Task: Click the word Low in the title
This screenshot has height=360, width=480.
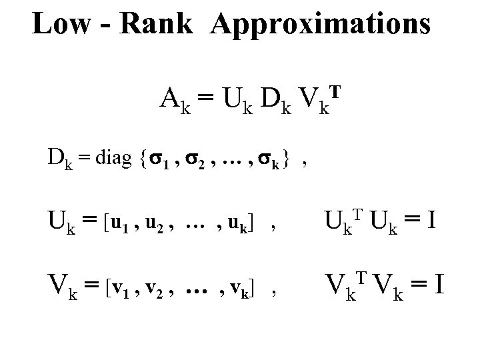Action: [x=60, y=25]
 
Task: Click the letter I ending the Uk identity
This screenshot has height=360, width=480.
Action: [x=431, y=218]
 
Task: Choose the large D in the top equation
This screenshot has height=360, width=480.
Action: [x=272, y=101]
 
